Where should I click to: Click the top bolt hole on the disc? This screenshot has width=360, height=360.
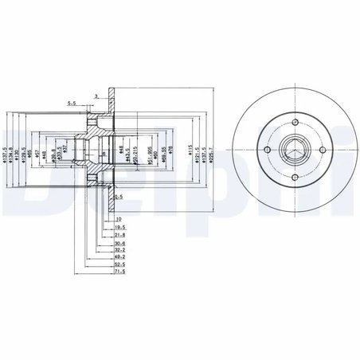click(x=294, y=123)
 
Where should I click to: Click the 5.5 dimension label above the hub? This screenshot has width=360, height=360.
click(x=72, y=102)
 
